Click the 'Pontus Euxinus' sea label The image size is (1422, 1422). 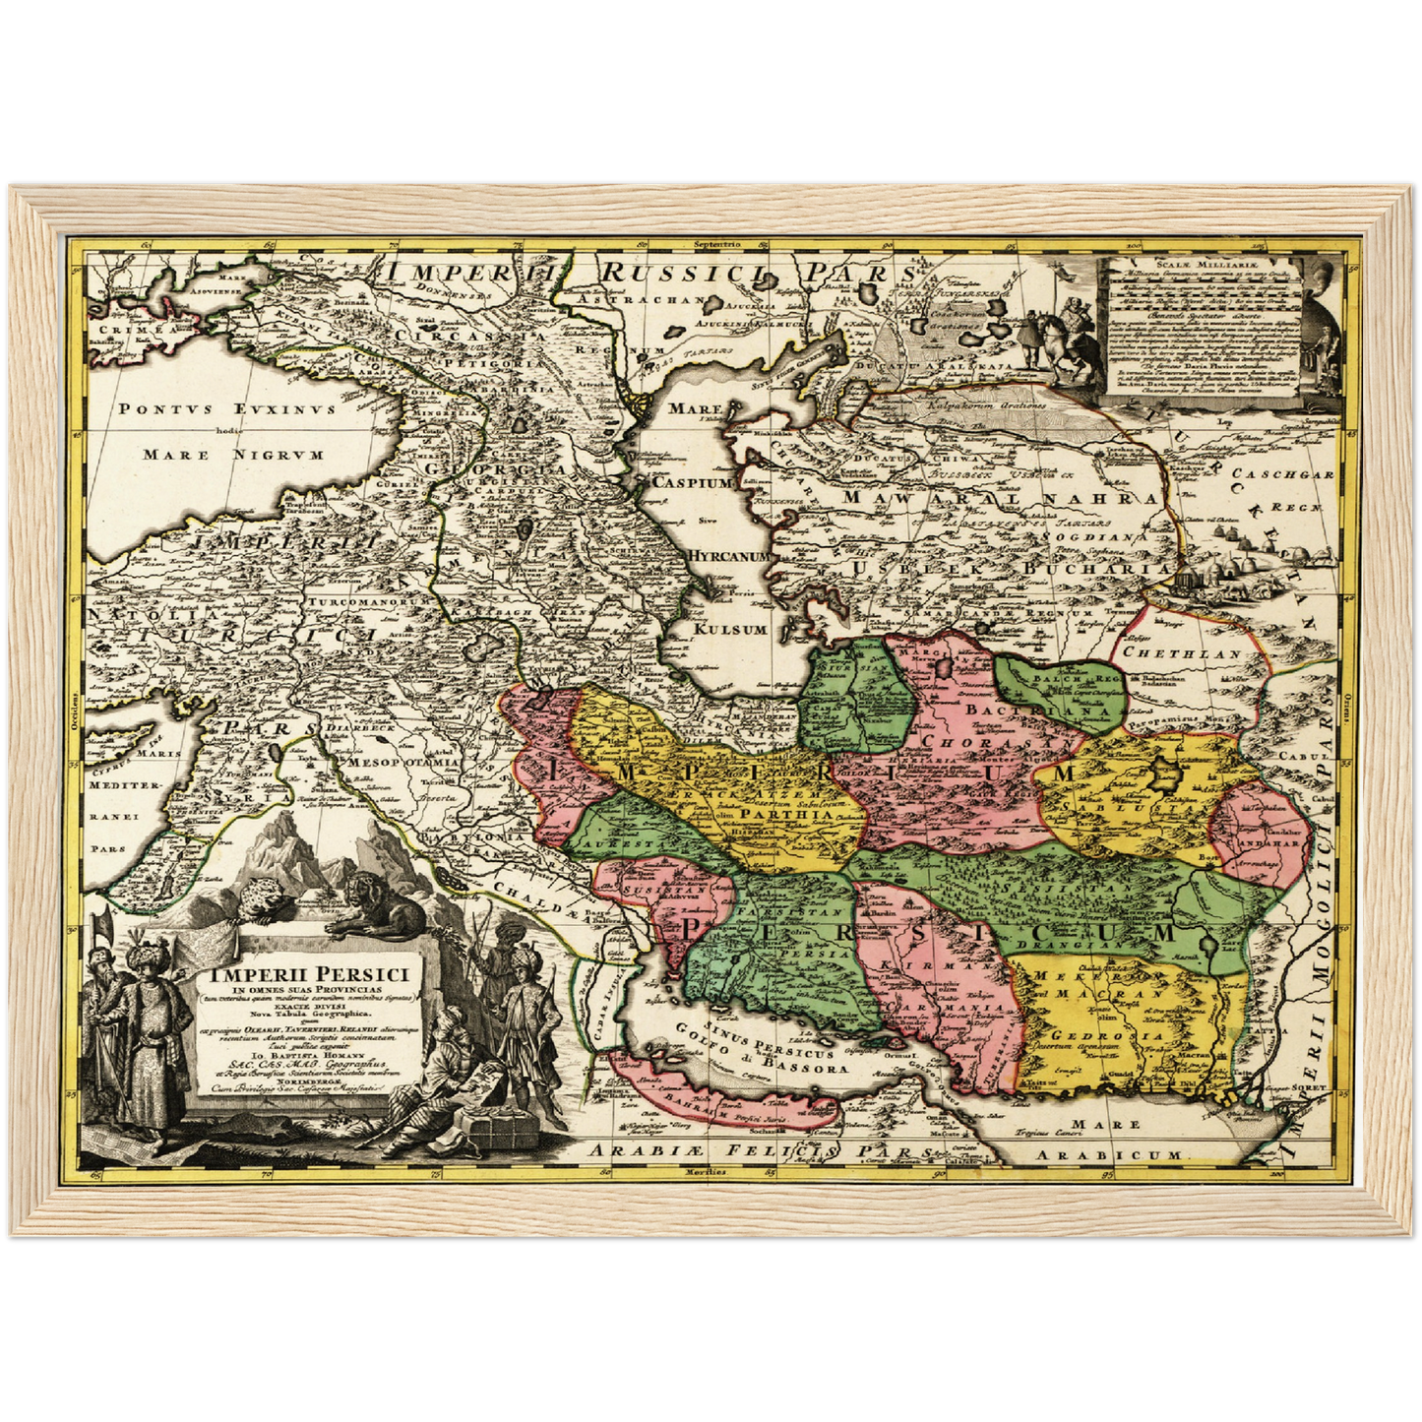(227, 408)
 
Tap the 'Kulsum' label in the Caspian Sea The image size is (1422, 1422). (730, 629)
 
